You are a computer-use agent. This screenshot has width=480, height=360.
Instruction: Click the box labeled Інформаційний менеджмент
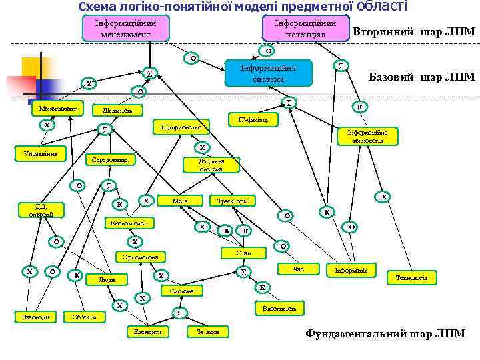pyautogui.click(x=125, y=28)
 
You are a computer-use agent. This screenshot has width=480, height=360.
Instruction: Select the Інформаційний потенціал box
pyautogui.click(x=305, y=28)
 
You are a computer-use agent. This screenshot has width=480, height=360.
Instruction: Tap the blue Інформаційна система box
pyautogui.click(x=268, y=73)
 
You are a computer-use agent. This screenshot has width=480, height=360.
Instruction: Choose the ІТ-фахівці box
pyautogui.click(x=253, y=120)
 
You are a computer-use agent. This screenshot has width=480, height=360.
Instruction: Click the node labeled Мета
pyautogui.click(x=179, y=201)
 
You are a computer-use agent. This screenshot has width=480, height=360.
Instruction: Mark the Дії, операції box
pyautogui.click(x=32, y=210)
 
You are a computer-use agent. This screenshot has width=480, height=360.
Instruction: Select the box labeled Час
pyautogui.click(x=298, y=269)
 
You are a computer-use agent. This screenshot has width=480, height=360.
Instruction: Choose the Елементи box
pyautogui.click(x=147, y=331)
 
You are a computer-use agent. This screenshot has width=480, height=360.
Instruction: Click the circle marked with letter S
pyautogui.click(x=179, y=312)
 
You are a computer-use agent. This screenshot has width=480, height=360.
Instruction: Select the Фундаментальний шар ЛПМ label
pyautogui.click(x=385, y=334)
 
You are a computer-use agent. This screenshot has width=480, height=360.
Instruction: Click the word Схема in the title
pyautogui.click(x=97, y=7)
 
